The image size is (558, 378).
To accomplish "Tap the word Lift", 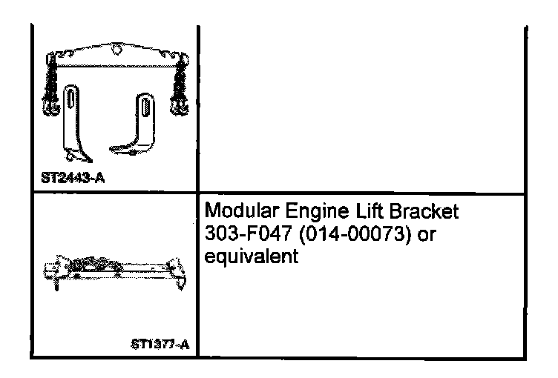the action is (359, 213).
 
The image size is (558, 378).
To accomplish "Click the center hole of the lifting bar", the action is (115, 50).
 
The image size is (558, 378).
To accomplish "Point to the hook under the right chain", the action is (179, 108).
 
